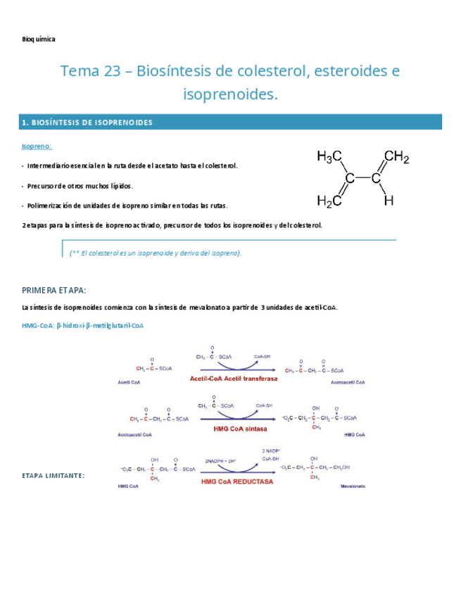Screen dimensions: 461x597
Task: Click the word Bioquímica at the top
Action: (38, 39)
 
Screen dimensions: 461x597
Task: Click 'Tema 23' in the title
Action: (86, 71)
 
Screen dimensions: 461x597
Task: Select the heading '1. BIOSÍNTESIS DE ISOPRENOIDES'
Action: (87, 122)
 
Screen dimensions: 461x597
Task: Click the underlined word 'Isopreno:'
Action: (37, 146)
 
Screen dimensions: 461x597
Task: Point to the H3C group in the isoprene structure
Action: (329, 158)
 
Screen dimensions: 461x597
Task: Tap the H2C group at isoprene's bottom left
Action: (329, 201)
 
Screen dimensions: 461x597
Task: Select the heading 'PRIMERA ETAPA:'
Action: (54, 290)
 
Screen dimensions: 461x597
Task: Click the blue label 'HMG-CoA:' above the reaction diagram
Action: (37, 326)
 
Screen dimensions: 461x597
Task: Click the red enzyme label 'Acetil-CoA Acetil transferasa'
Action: (234, 379)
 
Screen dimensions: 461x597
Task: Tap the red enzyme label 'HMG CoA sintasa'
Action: (234, 428)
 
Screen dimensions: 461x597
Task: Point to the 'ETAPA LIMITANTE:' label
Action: (53, 476)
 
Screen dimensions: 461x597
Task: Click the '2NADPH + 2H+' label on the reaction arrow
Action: (220, 460)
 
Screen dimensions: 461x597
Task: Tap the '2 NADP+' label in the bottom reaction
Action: (272, 450)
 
